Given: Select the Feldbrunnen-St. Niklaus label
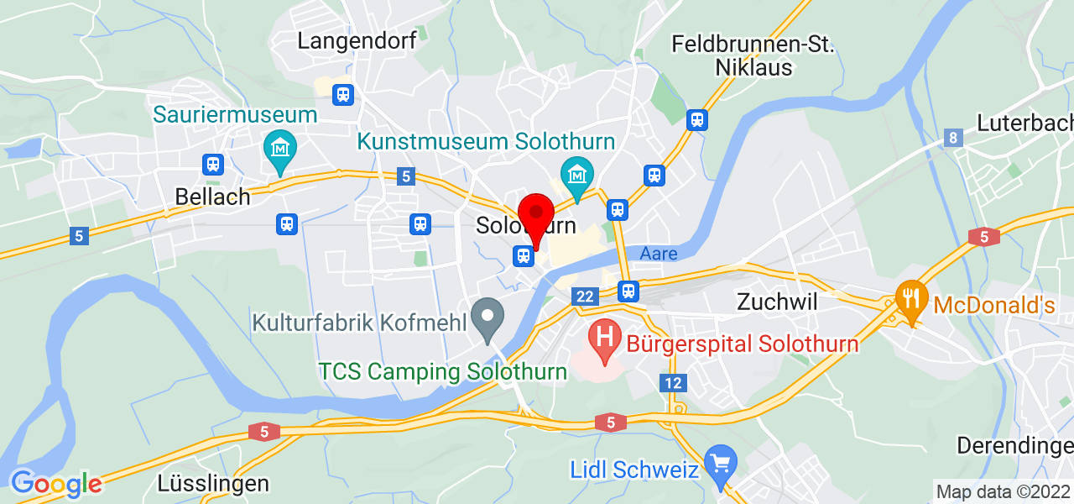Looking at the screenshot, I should (753, 55).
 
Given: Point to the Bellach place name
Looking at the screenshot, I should (212, 197).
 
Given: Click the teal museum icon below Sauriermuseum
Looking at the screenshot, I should (279, 150).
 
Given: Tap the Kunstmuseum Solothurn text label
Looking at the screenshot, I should (487, 141).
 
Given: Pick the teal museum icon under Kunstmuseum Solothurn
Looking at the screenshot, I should (577, 174).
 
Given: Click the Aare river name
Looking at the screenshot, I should (659, 253).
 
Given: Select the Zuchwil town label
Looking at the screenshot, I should (776, 302).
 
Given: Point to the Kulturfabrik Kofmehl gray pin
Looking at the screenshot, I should (487, 318).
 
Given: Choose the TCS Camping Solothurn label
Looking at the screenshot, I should (443, 371).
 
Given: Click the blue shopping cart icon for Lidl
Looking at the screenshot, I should (719, 462).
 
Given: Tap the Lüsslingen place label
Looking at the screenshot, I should (213, 483).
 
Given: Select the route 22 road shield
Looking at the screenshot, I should (585, 296).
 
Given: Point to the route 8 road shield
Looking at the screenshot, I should (952, 138).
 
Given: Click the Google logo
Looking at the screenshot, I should (55, 483).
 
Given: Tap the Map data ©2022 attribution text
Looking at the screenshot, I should (1003, 491).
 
